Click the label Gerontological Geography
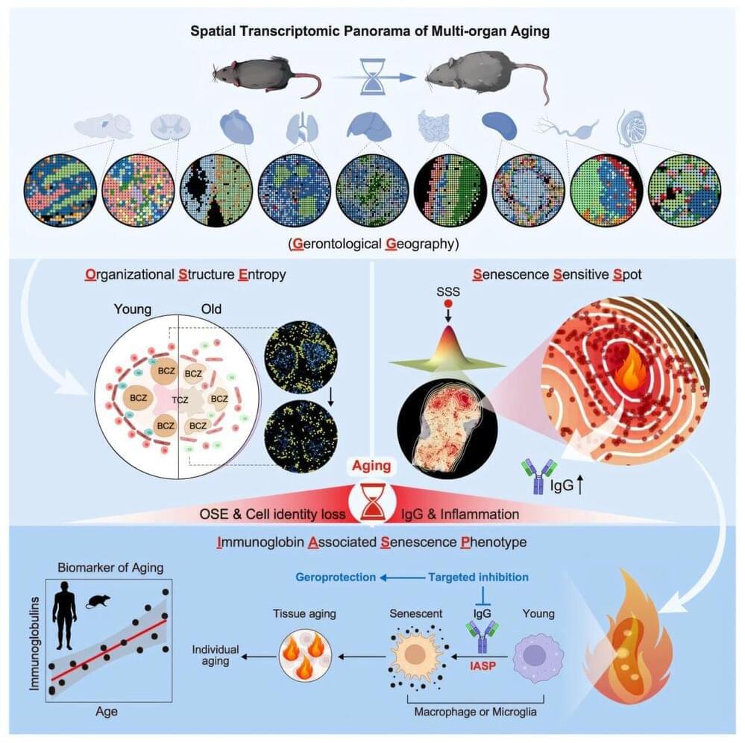(x=372, y=244)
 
